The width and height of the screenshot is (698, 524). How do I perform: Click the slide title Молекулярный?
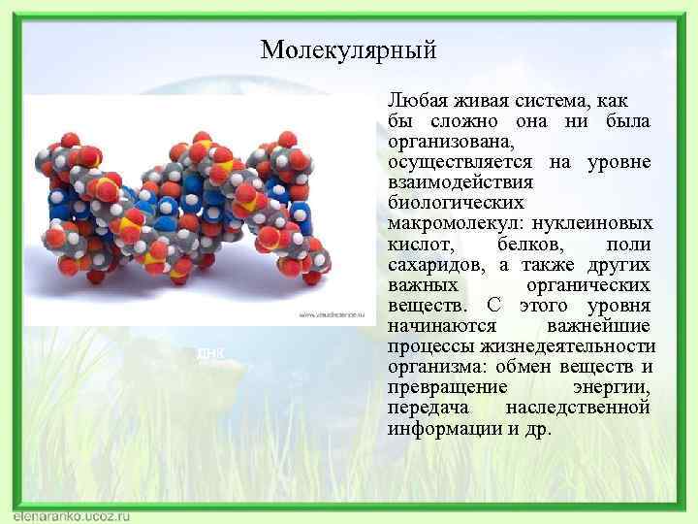(349, 49)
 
